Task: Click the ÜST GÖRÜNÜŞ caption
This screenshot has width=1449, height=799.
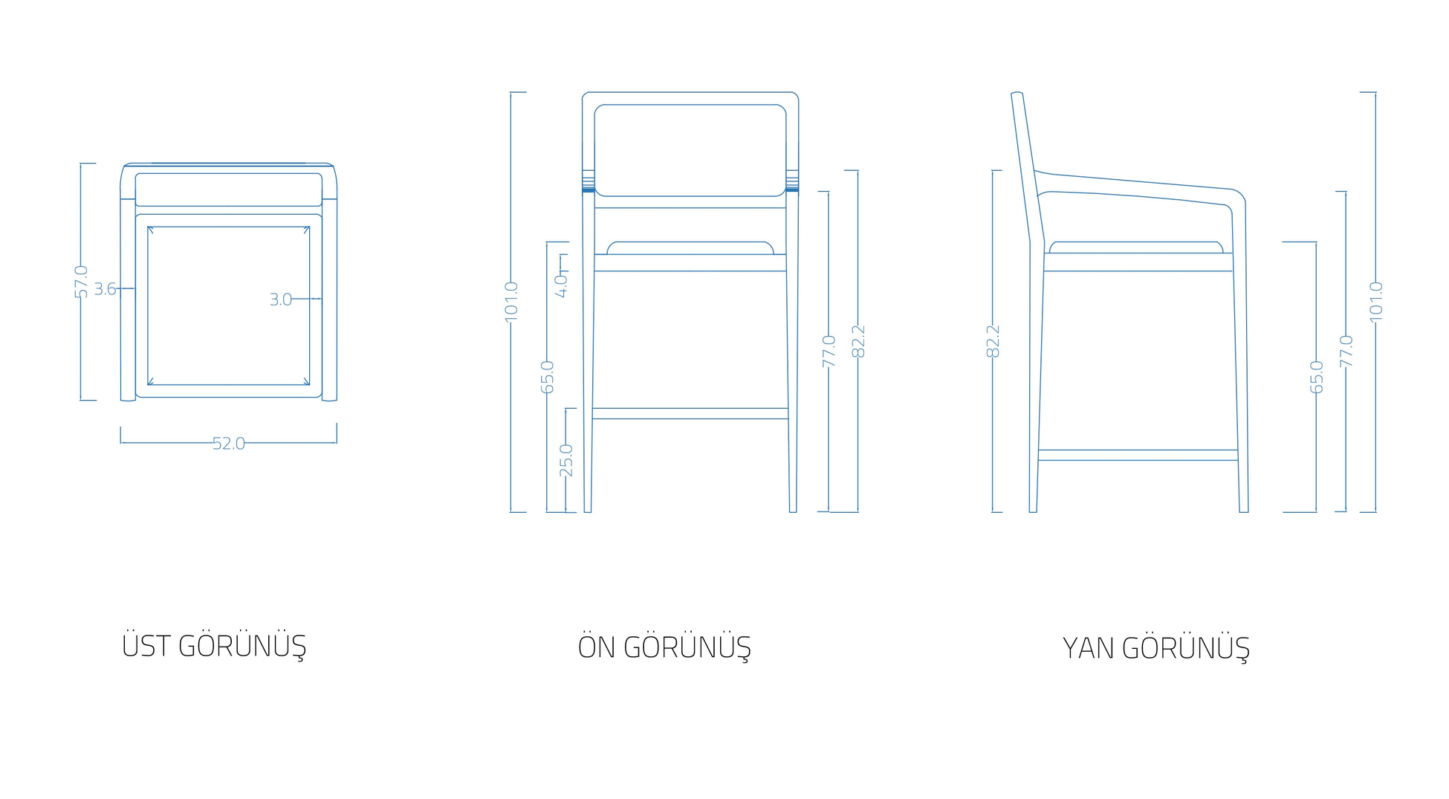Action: (214, 646)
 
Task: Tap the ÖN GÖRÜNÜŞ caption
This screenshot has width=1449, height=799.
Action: (664, 647)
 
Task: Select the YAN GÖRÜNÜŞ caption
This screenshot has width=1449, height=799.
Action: (1156, 648)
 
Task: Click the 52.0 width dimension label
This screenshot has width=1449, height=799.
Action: (228, 444)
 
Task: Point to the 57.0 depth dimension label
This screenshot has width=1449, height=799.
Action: (81, 282)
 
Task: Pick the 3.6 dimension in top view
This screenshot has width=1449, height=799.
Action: (105, 288)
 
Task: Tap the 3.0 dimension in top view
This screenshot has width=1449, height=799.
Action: (280, 300)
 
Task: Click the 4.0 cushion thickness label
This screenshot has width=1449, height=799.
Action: (562, 285)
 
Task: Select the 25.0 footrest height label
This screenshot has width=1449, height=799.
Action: (566, 460)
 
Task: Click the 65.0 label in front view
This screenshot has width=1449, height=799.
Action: (547, 377)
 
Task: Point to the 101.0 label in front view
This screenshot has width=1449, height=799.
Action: (511, 302)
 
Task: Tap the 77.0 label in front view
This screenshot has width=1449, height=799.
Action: (829, 351)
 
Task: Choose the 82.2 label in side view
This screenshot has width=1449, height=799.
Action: (993, 341)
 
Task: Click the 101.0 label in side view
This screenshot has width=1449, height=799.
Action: (1376, 302)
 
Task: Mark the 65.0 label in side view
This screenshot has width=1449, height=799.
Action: (1317, 377)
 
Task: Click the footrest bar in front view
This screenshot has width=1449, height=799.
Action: (690, 413)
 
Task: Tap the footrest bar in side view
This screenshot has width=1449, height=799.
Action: (1138, 455)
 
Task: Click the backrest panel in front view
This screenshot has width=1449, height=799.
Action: (690, 150)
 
